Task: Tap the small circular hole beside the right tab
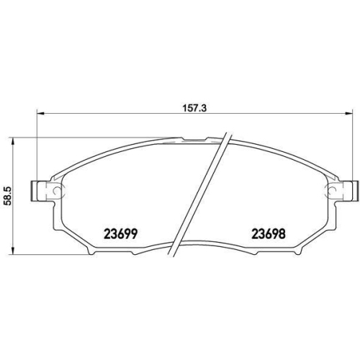click(335, 190)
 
